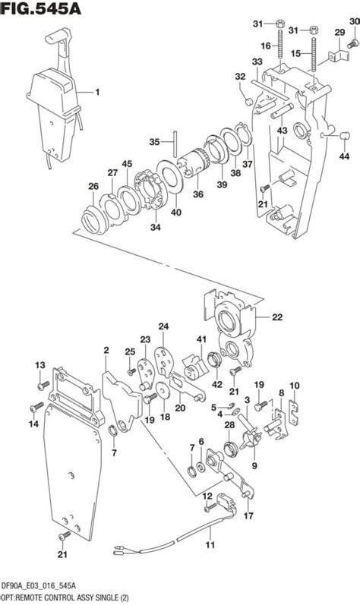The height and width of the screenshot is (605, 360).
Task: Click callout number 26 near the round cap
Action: [93, 187]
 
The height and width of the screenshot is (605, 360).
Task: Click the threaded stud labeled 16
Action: [281, 58]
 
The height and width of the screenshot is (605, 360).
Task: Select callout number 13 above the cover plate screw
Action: [41, 365]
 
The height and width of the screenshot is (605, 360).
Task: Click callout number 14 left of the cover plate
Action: [32, 425]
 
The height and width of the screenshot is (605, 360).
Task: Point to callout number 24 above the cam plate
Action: [163, 326]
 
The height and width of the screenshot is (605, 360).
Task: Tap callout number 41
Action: [202, 339]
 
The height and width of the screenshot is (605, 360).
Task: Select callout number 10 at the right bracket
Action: [295, 385]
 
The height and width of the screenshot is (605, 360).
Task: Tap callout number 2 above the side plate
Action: [106, 350]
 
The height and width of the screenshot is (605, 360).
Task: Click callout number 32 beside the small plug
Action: [240, 76]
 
